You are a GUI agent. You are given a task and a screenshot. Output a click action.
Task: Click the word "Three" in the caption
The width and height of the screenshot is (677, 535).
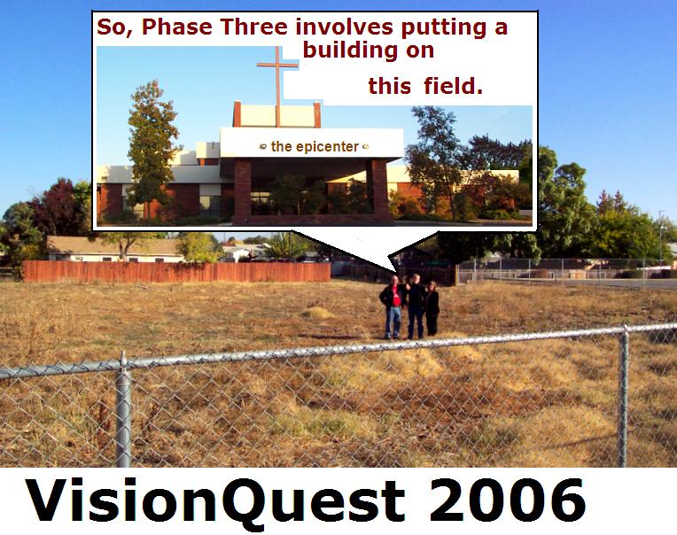[x=254, y=27]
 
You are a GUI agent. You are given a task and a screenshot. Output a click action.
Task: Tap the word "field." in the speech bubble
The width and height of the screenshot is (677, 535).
[x=453, y=86]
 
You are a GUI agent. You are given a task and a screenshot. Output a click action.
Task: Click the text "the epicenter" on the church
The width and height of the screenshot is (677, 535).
[x=315, y=147]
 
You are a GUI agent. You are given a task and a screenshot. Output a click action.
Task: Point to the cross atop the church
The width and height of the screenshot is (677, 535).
[x=277, y=86]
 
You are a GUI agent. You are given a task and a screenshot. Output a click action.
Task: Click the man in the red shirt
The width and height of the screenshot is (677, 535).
[x=393, y=307]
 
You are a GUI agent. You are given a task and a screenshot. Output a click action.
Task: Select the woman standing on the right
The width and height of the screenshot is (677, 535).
[x=432, y=308]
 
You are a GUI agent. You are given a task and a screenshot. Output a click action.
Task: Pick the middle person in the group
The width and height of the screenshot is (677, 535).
[x=416, y=306]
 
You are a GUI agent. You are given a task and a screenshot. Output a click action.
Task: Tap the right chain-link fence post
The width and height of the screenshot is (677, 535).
[x=624, y=396]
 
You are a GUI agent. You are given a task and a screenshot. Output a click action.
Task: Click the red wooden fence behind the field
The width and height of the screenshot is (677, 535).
[x=176, y=272]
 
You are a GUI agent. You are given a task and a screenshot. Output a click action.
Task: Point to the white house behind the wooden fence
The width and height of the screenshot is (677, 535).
[x=116, y=250]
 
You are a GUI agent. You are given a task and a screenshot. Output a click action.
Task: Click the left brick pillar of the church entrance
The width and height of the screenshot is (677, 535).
[x=242, y=191]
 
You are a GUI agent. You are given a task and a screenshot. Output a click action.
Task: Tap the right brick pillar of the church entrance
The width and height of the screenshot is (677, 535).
[x=380, y=190]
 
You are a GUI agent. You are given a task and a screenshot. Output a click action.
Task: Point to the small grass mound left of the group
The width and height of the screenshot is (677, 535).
[x=317, y=313]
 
